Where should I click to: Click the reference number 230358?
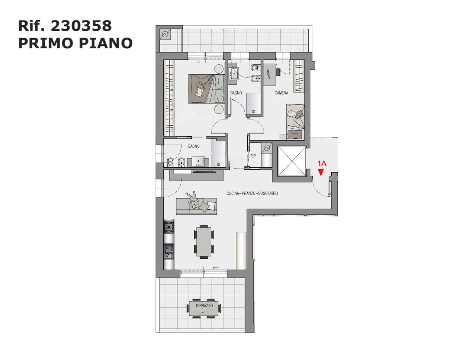[81, 26]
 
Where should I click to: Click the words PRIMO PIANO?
[75, 43]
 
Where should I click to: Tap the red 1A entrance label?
[322, 163]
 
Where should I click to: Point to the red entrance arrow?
[321, 173]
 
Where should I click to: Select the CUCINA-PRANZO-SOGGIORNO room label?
[252, 193]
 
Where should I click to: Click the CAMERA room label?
[281, 93]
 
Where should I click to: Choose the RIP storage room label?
[253, 156]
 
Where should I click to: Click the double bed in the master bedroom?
[206, 89]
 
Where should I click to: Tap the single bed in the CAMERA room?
[295, 122]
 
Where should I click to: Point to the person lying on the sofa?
[193, 200]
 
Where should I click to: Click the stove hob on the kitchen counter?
[169, 227]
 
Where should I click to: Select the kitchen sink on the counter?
[169, 251]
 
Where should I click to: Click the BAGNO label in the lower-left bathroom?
[194, 146]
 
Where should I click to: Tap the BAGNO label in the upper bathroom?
[236, 93]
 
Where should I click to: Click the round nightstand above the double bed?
[219, 69]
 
